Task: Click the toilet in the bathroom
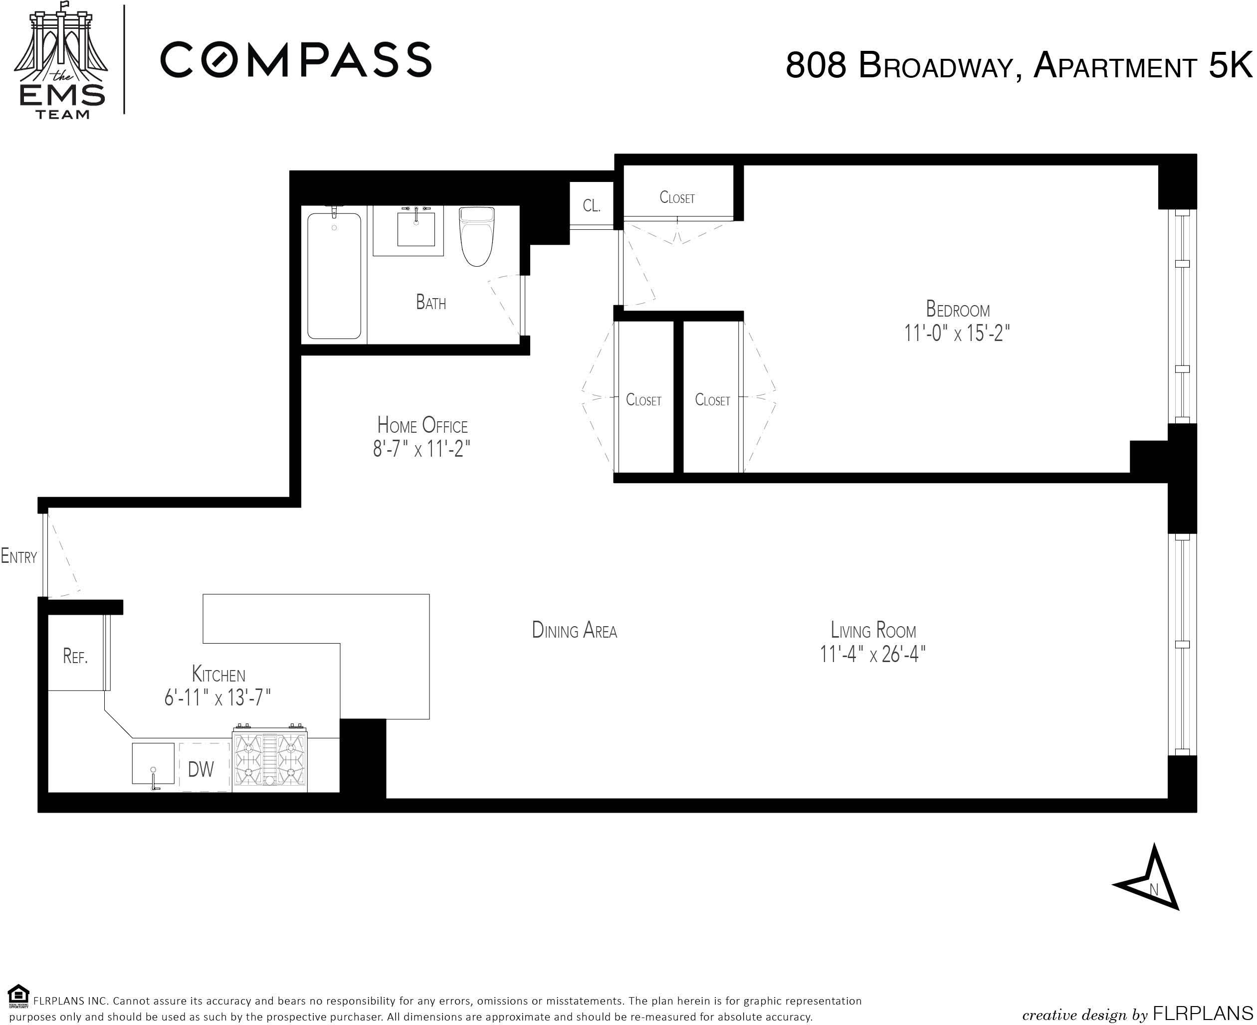476,236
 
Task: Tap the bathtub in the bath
334,276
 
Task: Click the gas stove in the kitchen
270,758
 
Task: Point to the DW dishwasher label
201,769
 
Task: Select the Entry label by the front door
19,556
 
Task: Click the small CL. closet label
592,205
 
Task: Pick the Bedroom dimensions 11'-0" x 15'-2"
957,334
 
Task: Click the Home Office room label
422,425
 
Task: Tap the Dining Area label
575,631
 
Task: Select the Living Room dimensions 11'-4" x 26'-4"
872,654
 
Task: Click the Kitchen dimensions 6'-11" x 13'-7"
217,698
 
